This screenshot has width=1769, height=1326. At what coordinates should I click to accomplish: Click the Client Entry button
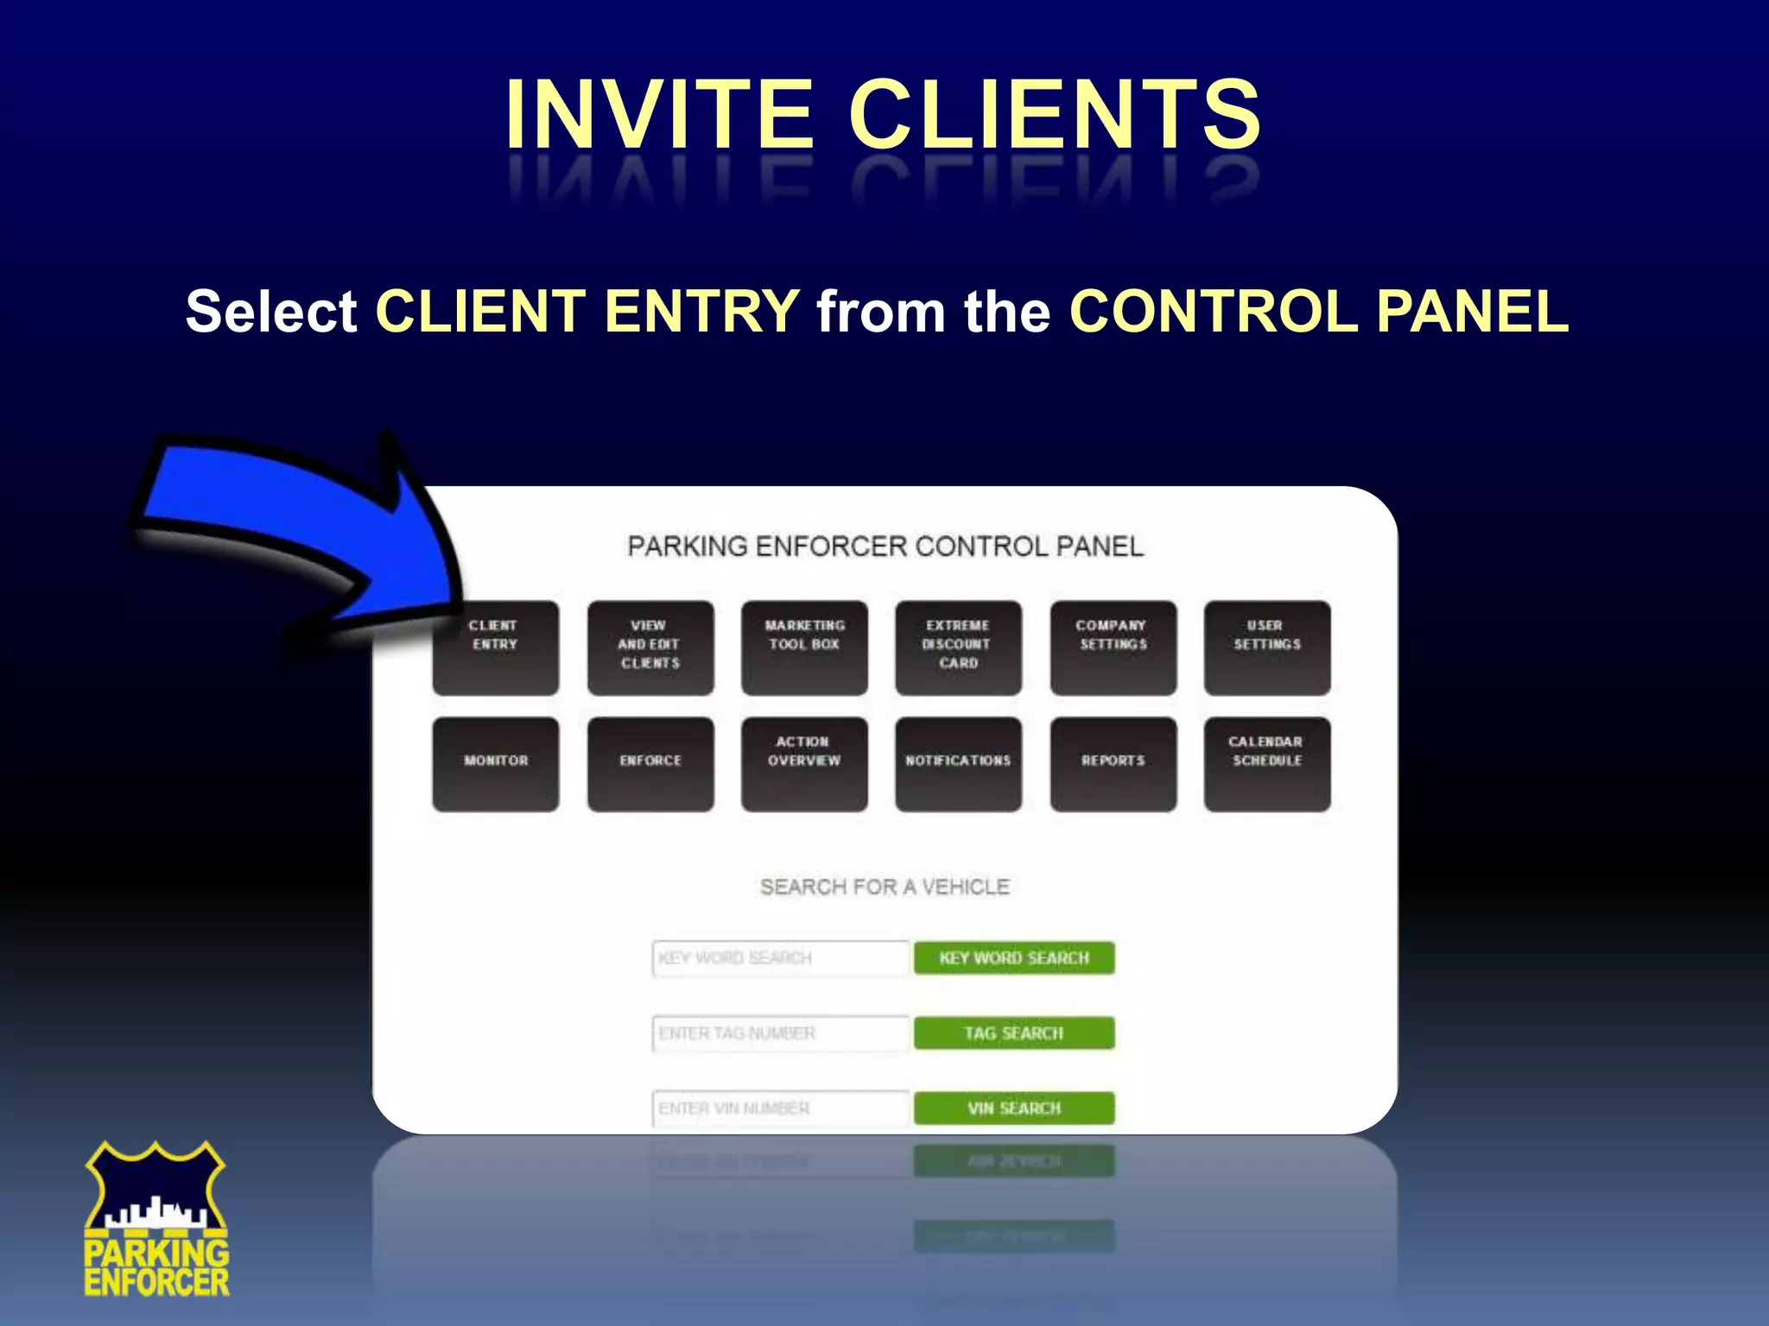pyautogui.click(x=496, y=648)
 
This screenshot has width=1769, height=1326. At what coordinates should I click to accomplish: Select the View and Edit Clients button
pyautogui.click(x=650, y=648)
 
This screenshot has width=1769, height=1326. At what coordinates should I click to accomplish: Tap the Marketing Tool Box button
pyautogui.click(x=804, y=648)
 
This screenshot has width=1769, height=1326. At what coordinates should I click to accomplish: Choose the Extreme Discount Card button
pyautogui.click(x=958, y=648)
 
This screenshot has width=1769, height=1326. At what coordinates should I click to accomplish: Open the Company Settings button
pyautogui.click(x=1113, y=648)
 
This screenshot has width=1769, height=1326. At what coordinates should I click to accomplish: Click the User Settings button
pyautogui.click(x=1267, y=648)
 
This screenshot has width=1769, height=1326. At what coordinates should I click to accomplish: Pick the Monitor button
pyautogui.click(x=496, y=764)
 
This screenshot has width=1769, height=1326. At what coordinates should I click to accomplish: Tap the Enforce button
pyautogui.click(x=650, y=764)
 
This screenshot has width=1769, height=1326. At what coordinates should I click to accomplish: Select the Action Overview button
pyautogui.click(x=804, y=764)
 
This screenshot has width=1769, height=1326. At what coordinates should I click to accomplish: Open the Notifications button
pyautogui.click(x=958, y=764)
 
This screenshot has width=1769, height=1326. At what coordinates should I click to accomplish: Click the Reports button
pyautogui.click(x=1113, y=764)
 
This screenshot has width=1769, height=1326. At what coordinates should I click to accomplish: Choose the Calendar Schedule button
pyautogui.click(x=1267, y=764)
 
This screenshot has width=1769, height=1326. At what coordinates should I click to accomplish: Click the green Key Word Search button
pyautogui.click(x=1014, y=958)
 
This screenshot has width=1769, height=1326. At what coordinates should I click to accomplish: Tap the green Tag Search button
pyautogui.click(x=1014, y=1033)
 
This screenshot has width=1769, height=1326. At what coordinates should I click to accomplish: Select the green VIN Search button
pyautogui.click(x=1014, y=1108)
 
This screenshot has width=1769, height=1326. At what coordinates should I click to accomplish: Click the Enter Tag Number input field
pyautogui.click(x=781, y=1033)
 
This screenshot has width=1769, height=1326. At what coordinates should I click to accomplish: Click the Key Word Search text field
pyautogui.click(x=781, y=958)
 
